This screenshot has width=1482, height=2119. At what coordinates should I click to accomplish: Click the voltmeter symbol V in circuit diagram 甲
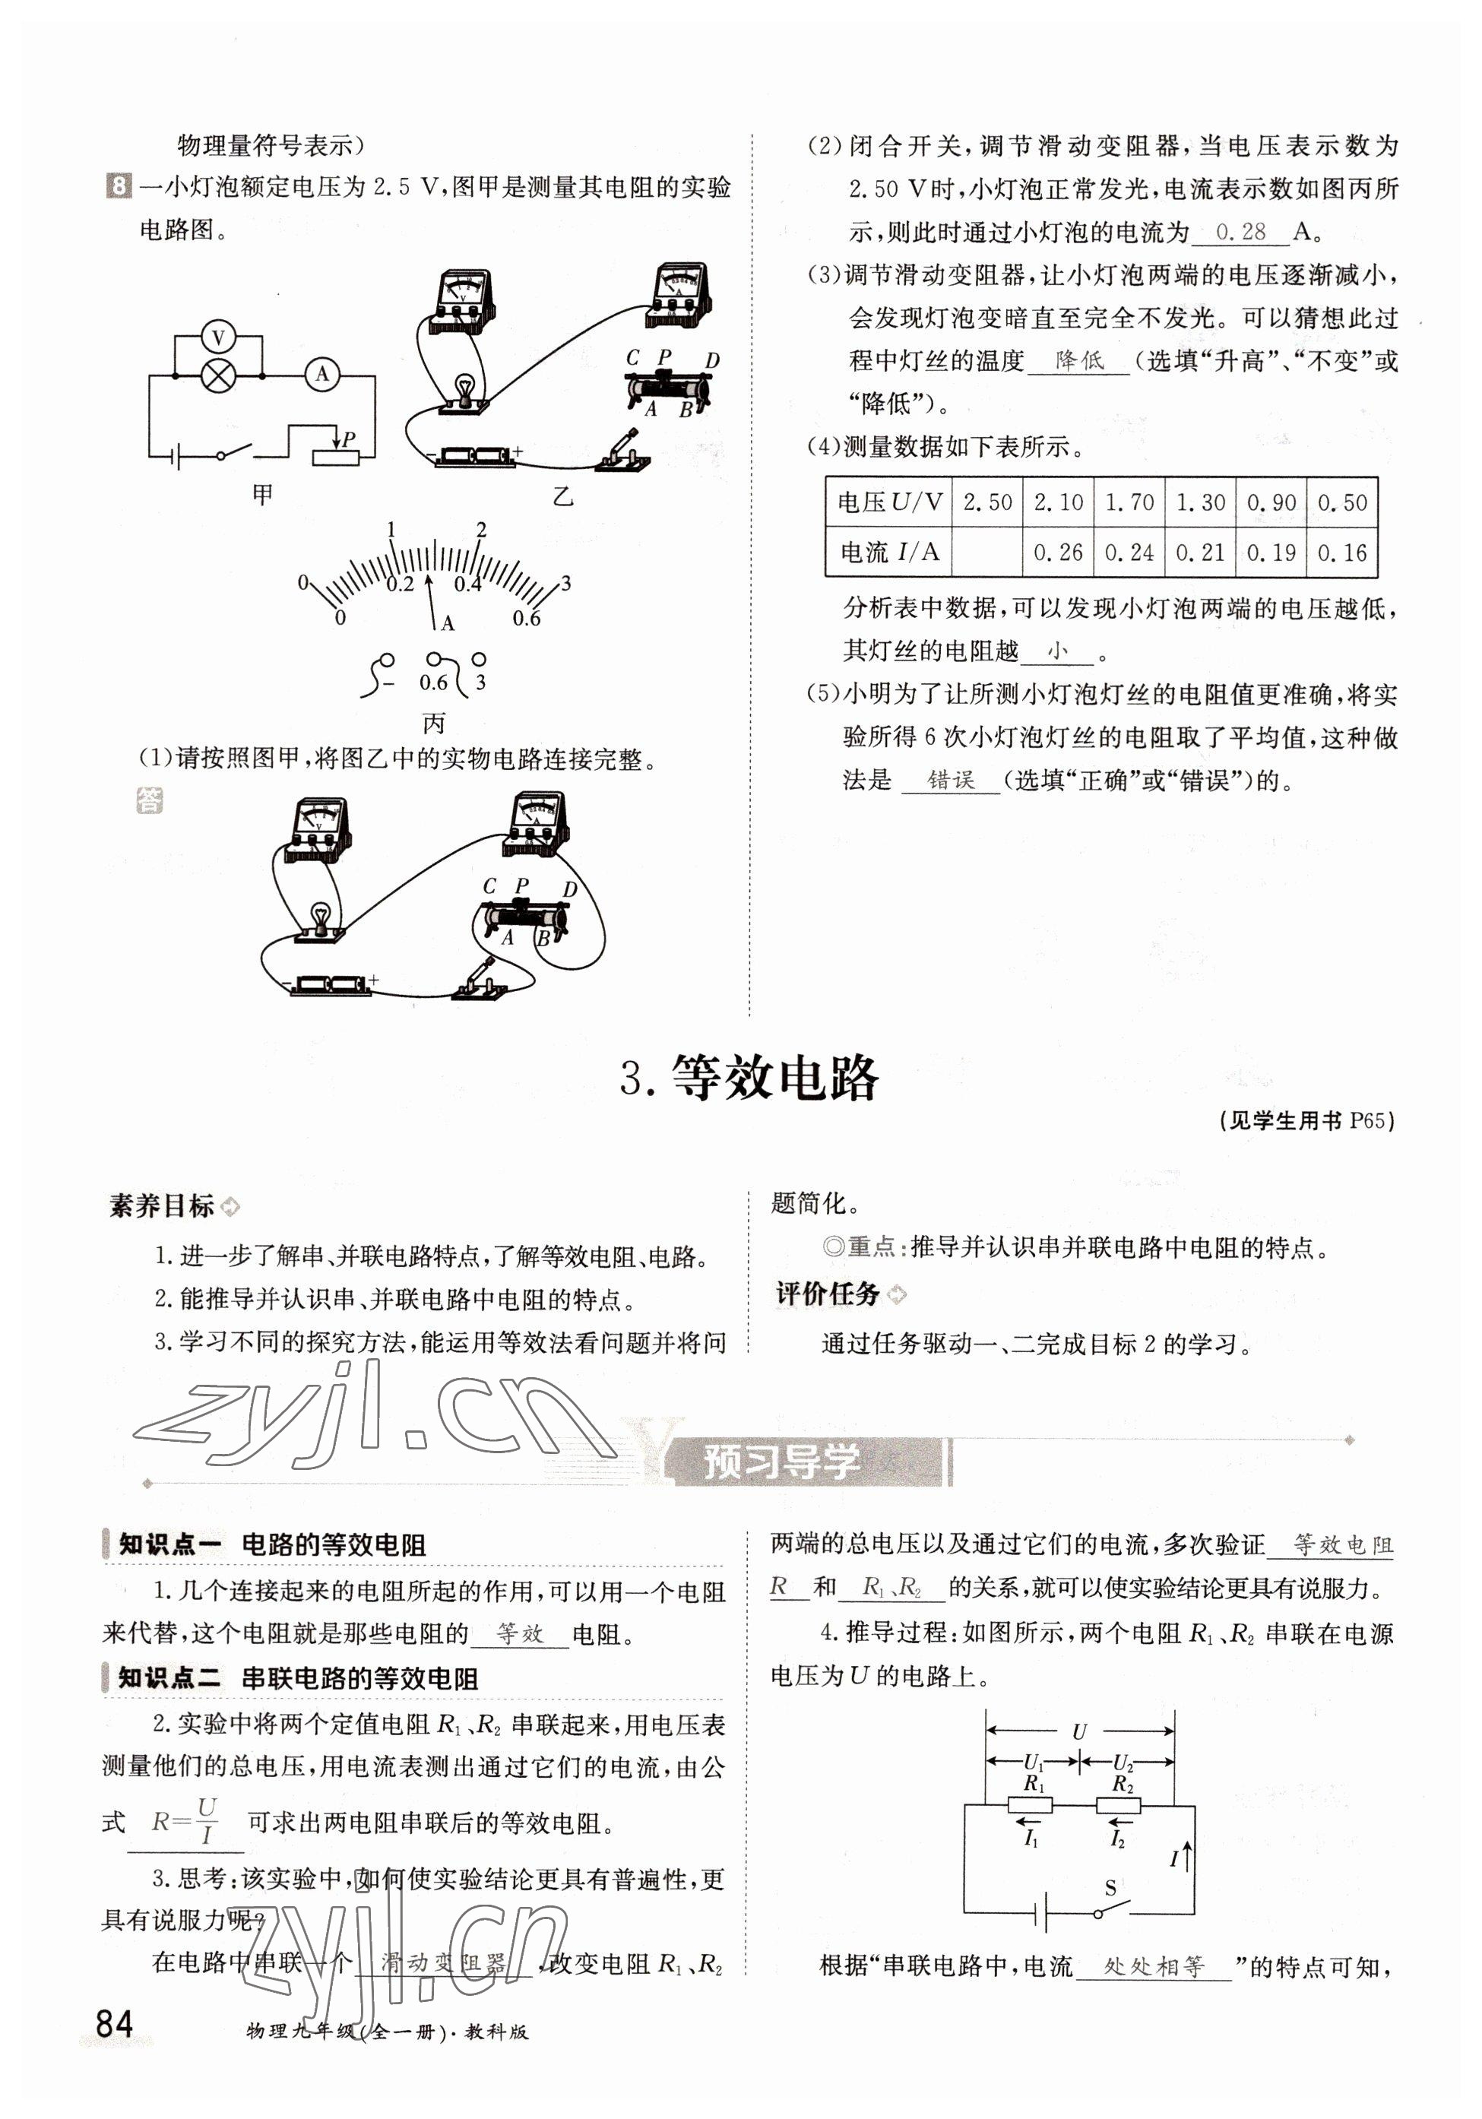coord(219,337)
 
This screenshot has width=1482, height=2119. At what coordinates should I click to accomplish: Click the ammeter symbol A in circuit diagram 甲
coord(322,375)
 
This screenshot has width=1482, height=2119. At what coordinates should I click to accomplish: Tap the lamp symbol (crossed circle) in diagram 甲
coord(219,375)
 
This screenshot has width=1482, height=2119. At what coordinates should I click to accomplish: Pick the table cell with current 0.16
coord(1341,553)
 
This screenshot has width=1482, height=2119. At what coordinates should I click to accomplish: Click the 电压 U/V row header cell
coord(888,502)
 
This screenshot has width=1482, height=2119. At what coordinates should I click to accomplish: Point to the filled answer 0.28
coord(1240,232)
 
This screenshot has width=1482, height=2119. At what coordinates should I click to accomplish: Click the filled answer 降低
coord(1078,360)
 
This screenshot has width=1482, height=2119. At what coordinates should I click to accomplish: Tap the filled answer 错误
coord(951,780)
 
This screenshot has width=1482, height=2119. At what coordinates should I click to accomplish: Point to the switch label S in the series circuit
coord(1110,1887)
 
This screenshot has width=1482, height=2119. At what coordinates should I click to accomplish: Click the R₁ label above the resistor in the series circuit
coord(1034,1784)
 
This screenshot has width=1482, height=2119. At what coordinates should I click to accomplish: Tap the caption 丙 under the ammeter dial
coord(432,723)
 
